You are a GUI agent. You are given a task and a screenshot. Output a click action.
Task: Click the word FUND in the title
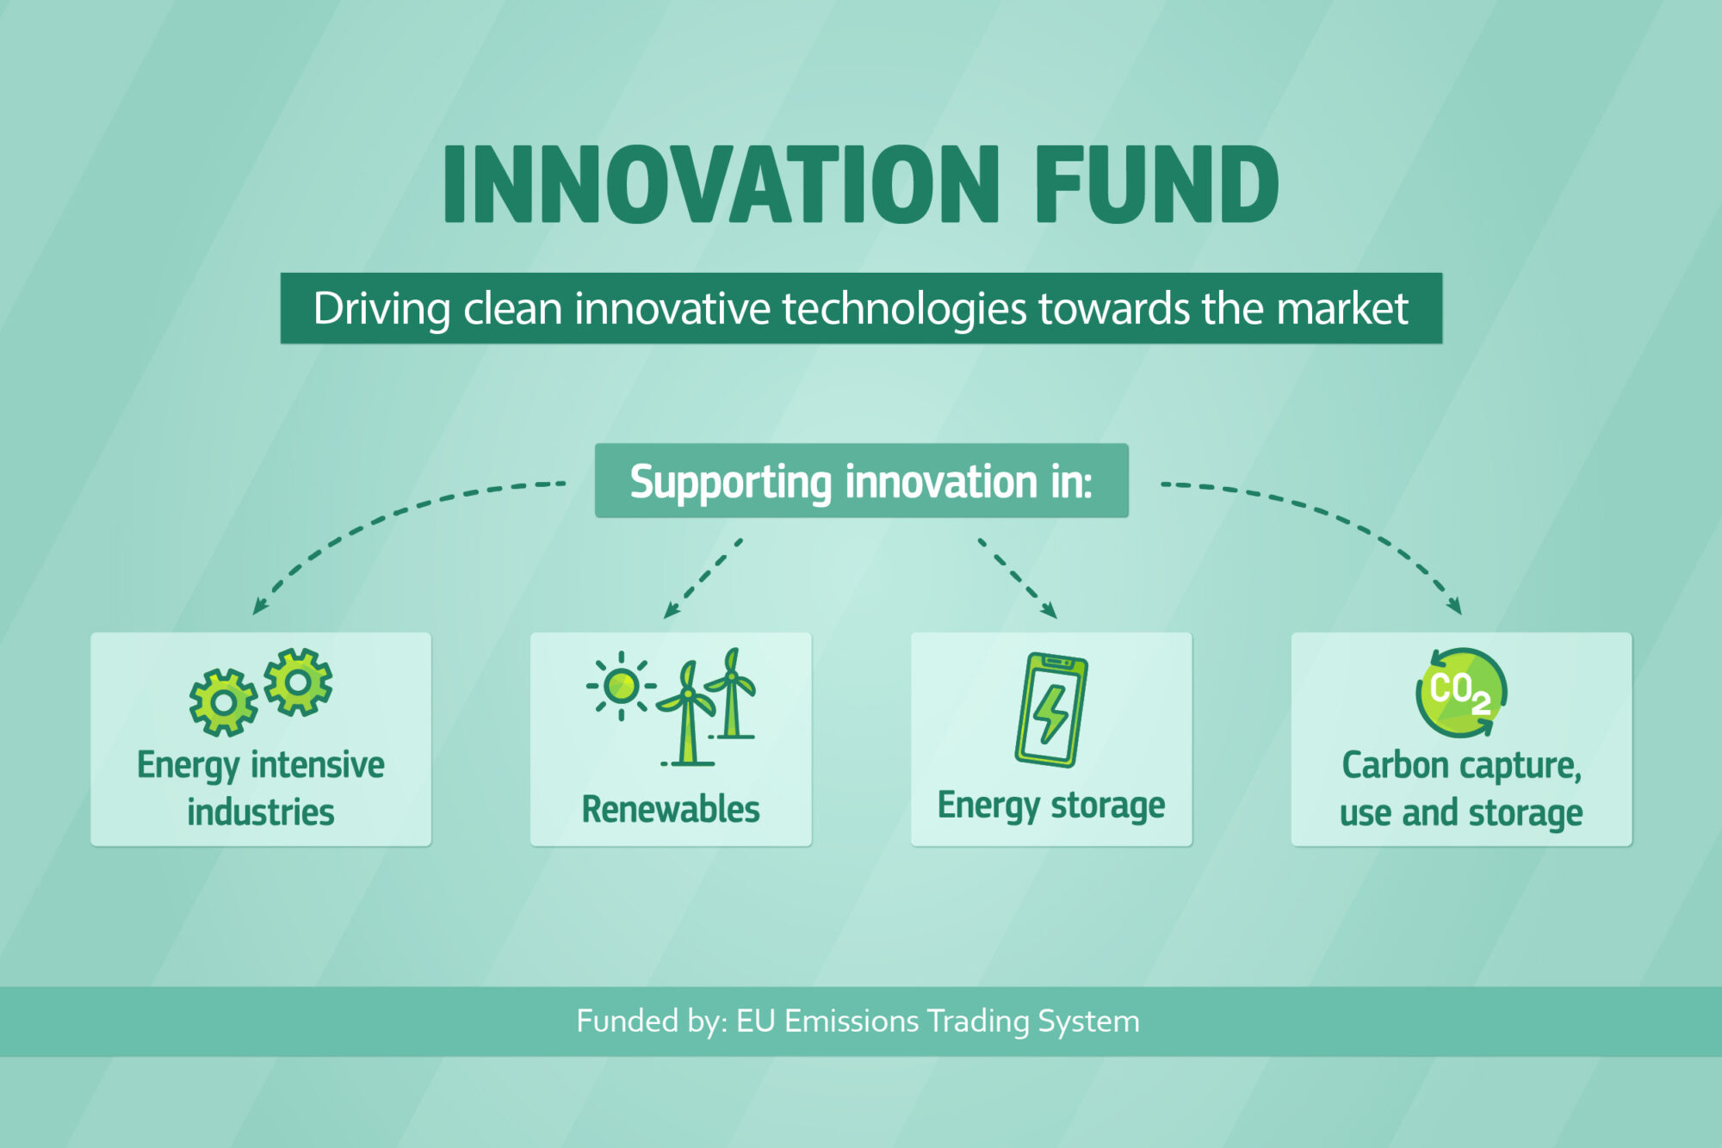1156,183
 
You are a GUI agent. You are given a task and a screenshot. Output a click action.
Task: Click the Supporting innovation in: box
861,480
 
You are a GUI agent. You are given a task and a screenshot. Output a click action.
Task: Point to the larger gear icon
223,703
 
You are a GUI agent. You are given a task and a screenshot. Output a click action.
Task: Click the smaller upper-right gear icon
298,682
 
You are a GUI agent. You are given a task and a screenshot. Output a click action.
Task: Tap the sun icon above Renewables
621,686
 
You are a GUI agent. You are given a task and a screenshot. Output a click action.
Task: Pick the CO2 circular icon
1461,693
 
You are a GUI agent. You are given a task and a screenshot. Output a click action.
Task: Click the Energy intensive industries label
261,788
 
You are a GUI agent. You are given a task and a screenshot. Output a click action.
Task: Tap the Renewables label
671,809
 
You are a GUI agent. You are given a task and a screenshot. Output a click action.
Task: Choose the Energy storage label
1051,806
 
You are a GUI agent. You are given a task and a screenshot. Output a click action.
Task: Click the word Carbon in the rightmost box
1396,765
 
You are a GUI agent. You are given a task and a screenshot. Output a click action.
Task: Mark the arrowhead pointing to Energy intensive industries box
259,606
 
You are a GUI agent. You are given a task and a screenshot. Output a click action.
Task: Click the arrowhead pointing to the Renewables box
671,610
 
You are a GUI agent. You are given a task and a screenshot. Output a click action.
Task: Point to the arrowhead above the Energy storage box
1049,610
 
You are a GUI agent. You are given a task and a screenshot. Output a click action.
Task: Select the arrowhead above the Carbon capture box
1454,606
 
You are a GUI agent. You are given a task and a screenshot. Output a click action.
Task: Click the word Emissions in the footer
852,1021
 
